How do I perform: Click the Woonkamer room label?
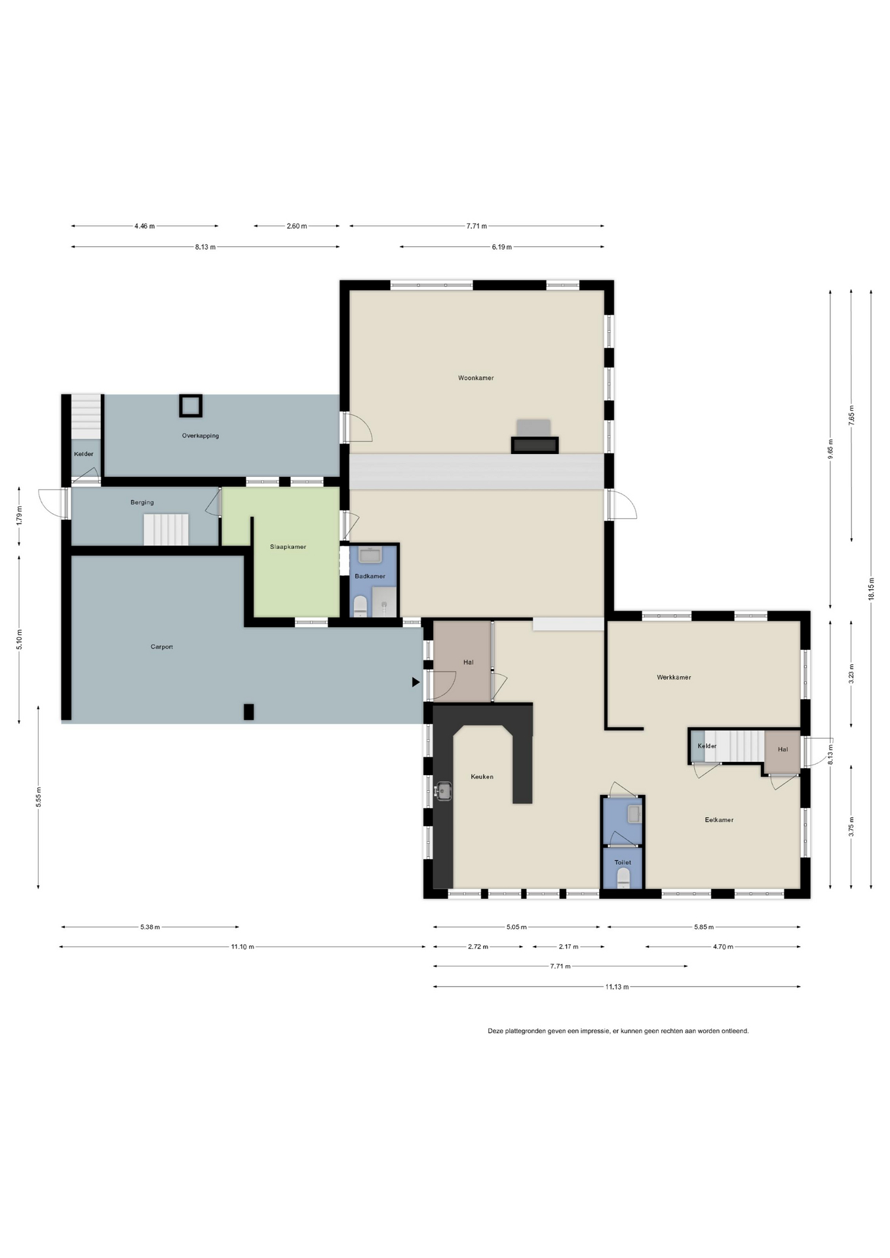(x=476, y=378)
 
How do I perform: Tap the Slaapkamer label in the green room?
(x=288, y=547)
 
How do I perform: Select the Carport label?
(x=162, y=647)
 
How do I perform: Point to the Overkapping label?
(x=201, y=436)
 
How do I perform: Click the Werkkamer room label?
(x=674, y=677)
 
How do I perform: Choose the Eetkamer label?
(x=719, y=820)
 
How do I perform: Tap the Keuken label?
(x=482, y=777)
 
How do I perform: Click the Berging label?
(x=142, y=503)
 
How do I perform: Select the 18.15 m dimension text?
(x=871, y=589)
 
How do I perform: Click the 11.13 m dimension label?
(x=617, y=987)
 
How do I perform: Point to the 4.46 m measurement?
(x=145, y=226)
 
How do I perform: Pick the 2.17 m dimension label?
(x=568, y=947)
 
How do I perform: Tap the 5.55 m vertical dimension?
(x=39, y=797)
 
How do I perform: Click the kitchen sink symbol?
(x=444, y=791)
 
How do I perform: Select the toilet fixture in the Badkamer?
(x=360, y=606)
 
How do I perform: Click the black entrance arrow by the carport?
(x=416, y=682)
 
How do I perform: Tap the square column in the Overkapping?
(x=190, y=406)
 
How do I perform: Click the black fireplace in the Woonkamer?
(x=535, y=446)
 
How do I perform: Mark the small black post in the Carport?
(x=248, y=712)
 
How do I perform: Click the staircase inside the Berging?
(x=166, y=529)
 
